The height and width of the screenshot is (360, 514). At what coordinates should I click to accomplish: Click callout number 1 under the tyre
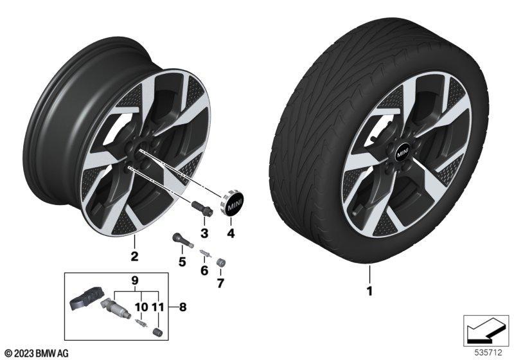coord(369,291)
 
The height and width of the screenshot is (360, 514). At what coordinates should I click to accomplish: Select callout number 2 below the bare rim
coord(134,256)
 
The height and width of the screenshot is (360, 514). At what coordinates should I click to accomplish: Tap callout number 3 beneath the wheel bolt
coord(204,233)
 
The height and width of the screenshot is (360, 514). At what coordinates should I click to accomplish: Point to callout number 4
coord(231,233)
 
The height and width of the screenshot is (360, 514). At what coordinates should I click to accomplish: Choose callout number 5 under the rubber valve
coord(182,262)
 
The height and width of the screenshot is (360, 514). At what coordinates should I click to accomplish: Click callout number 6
coord(204,271)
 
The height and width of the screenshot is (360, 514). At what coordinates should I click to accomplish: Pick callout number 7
coord(220,283)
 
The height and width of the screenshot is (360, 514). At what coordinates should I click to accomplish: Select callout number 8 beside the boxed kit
coord(182,307)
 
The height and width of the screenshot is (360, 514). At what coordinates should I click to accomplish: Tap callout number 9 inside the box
coord(135,281)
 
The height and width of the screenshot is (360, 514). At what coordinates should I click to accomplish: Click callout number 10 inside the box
coord(141,307)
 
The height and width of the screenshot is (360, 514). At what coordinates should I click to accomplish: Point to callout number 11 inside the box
coord(157,307)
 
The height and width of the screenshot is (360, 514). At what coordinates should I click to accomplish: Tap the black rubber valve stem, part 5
coord(182,241)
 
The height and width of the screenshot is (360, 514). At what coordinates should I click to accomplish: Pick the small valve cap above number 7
coord(220,263)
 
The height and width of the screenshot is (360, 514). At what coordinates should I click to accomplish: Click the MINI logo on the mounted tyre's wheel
coord(403,152)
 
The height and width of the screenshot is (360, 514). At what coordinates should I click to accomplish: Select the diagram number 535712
coord(488,353)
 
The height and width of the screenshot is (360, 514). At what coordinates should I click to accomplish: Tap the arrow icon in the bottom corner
coord(486,331)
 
